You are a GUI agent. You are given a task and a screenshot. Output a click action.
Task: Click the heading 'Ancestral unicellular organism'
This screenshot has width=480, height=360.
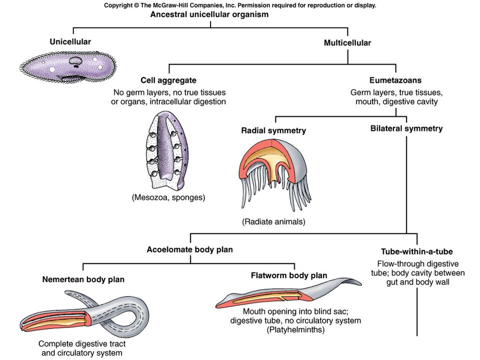tap(209, 14)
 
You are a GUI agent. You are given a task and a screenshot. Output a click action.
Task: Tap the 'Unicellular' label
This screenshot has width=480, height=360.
tap(70, 41)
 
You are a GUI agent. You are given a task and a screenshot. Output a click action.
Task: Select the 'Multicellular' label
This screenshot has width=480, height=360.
tap(347, 43)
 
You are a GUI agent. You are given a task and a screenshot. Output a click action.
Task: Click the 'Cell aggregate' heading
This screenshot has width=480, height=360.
tap(168, 80)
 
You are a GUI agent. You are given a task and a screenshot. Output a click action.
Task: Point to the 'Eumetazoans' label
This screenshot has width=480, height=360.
tap(395, 80)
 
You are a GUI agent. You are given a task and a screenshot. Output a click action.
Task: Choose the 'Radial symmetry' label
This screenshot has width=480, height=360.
tap(273, 130)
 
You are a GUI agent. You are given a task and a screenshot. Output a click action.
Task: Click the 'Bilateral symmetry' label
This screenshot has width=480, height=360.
tap(406, 128)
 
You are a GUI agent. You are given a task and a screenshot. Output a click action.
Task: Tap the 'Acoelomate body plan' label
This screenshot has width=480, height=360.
tap(190, 250)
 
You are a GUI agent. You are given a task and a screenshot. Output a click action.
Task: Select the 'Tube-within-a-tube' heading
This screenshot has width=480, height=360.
tap(417, 251)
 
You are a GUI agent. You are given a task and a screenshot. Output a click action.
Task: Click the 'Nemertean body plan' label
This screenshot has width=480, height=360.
tap(83, 279)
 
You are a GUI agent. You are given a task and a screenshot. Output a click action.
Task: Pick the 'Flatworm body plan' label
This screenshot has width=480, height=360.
tap(289, 275)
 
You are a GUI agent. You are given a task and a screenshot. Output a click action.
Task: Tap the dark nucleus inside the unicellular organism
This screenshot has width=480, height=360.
tap(75, 61)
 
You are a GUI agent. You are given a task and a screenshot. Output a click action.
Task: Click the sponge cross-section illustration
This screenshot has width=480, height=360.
tap(167, 150)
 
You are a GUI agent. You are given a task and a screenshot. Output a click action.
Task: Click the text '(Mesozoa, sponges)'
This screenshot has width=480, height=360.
tap(168, 197)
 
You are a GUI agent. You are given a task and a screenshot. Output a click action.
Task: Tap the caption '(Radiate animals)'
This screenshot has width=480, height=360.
tap(273, 221)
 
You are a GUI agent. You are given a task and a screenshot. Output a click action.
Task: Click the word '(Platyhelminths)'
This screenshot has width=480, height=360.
tap(295, 329)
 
